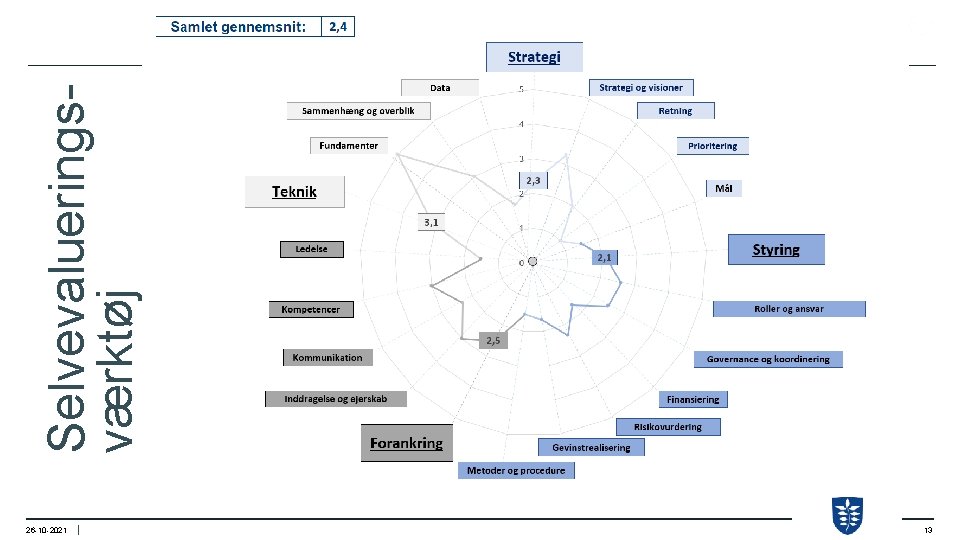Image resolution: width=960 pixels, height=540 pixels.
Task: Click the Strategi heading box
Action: pos(534,57)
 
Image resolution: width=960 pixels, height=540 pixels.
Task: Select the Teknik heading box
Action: pos(295,192)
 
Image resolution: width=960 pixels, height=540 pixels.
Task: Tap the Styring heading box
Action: pos(776,250)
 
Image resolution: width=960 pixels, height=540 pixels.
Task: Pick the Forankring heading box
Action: pos(406,443)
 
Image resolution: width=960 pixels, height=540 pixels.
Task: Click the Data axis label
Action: pos(440,87)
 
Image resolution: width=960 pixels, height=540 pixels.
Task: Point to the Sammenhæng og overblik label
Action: pos(358,111)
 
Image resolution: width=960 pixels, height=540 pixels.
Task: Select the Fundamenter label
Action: pos(348,146)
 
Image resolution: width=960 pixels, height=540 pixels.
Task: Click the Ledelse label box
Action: pos(310,249)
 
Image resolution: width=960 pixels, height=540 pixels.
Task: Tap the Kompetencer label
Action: pos(310,309)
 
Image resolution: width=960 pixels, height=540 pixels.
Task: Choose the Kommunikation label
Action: pos(327,357)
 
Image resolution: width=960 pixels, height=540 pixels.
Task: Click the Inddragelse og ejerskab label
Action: pos(336,399)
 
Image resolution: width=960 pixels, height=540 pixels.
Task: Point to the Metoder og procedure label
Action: pos(516,470)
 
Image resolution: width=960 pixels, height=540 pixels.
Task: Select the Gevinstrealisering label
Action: pos(591,447)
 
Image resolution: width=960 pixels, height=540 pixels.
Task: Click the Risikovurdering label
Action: pos(668,427)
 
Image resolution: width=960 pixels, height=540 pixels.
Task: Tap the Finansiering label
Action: pos(694,399)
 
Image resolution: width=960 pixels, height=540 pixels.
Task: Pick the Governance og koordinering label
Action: pos(768,359)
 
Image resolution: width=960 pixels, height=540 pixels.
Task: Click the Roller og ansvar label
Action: pos(789,309)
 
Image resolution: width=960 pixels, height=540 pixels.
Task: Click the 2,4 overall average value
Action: pos(338,27)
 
